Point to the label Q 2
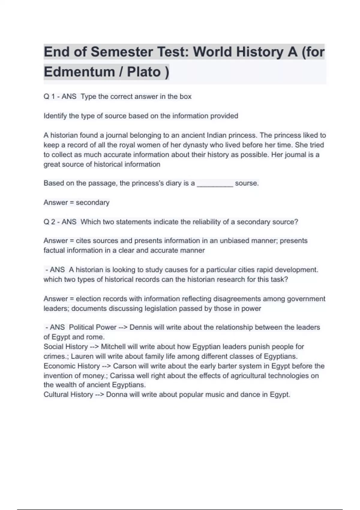49,222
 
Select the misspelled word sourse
247,183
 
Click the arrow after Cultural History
99,394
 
